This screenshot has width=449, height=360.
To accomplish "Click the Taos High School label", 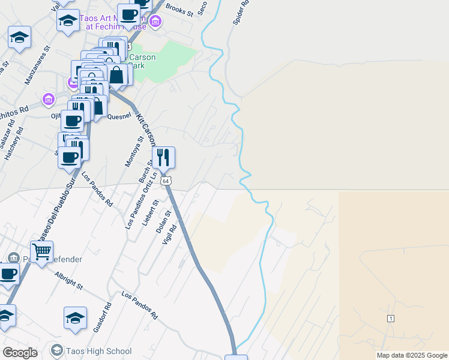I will pyautogui.click(x=98, y=352).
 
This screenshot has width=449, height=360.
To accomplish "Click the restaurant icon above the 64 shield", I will pyautogui.click(x=163, y=158).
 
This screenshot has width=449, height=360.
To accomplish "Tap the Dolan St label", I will pyautogui.click(x=163, y=221).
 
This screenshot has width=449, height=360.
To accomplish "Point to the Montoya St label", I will pyautogui.click(x=132, y=151).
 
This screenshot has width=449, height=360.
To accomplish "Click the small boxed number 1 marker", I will pyautogui.click(x=390, y=318).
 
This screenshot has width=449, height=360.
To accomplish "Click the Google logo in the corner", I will pyautogui.click(x=20, y=353).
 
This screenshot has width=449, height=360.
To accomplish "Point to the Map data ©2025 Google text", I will pyautogui.click(x=412, y=355).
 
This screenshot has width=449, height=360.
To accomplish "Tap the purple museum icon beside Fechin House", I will pyautogui.click(x=155, y=22).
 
